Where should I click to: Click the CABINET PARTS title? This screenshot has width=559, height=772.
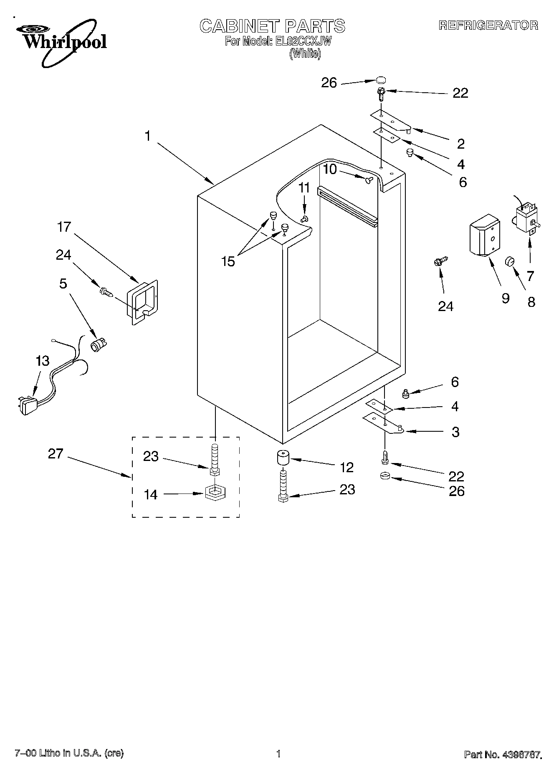[272, 26]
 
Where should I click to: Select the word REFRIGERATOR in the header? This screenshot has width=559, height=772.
[488, 25]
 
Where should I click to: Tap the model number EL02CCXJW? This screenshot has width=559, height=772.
[303, 41]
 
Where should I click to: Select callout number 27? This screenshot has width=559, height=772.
[55, 454]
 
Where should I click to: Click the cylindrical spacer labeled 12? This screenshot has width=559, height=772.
[283, 459]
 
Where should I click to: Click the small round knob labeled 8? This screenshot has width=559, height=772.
[510, 261]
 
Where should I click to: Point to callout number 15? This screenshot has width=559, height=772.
[228, 262]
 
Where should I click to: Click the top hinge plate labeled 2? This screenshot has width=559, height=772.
[391, 121]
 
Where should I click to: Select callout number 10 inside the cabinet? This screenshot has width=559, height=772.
[329, 169]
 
